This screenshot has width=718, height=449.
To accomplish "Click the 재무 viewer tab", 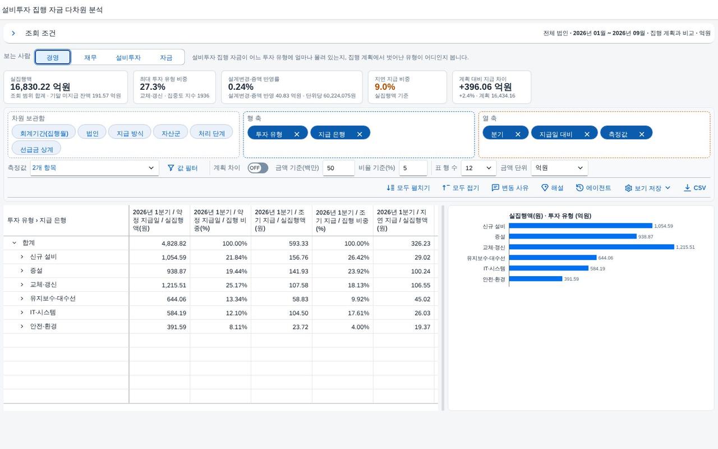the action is coord(90,57).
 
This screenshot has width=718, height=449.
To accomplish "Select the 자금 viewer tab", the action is coord(166,57).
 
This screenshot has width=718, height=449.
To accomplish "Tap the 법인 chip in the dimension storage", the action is coord(93,133).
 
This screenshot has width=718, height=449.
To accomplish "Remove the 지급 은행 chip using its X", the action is coord(360,134).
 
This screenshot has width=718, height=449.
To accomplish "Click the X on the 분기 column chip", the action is coord(518,134).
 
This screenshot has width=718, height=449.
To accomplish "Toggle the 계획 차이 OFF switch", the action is coord(257,168).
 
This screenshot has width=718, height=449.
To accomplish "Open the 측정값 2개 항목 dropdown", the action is coord(95,168).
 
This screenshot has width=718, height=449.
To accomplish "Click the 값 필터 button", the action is coord(183,168).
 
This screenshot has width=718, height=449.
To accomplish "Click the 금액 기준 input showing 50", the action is coord(338,168).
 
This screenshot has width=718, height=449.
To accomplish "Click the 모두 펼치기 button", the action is coord(408,187).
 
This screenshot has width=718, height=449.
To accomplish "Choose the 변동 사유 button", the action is coord(510,187).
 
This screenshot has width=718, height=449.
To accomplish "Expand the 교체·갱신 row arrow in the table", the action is coord(22,285).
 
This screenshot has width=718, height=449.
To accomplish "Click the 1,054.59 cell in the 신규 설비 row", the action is coord(174,257).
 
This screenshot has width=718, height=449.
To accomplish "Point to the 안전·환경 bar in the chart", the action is coord(536,279).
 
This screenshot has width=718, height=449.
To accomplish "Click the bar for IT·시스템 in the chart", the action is coord(549,268).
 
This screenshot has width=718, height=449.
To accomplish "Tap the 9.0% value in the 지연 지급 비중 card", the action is coord(385,87).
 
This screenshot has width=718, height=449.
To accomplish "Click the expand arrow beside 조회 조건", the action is coord(13,33).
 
